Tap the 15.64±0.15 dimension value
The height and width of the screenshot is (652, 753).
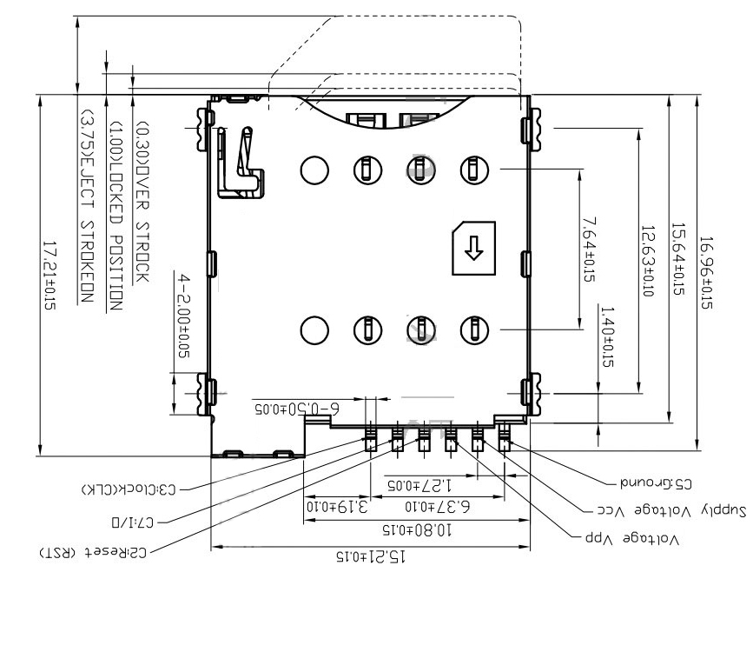click(677, 260)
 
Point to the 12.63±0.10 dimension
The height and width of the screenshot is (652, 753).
click(647, 260)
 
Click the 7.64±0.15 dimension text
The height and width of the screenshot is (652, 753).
click(589, 249)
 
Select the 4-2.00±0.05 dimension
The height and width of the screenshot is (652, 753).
click(183, 316)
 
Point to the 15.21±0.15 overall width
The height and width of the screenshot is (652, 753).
click(372, 556)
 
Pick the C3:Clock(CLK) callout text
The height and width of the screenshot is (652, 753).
click(129, 489)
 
